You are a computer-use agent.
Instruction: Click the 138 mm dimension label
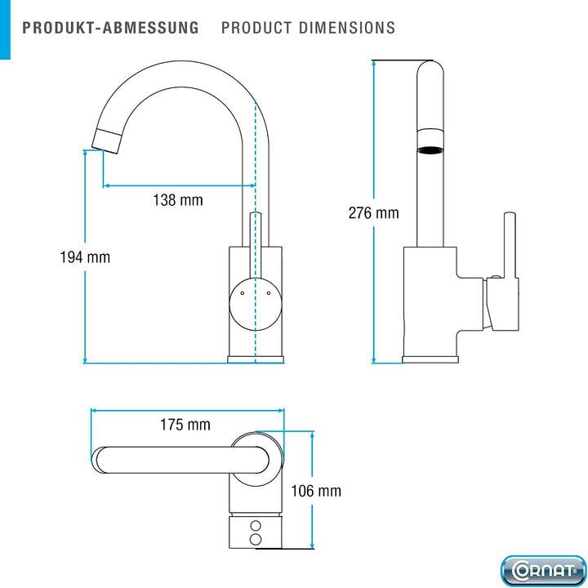coord(178,200)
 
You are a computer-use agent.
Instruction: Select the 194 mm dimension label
coord(85,257)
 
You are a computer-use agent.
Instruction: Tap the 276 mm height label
coord(373,213)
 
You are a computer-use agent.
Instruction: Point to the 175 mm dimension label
coord(185,425)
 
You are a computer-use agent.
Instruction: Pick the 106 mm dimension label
coord(316,491)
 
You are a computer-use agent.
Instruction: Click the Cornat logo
coord(543,571)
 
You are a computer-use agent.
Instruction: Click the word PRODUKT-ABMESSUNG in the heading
coord(110,28)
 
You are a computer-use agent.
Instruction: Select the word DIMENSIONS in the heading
coord(347,28)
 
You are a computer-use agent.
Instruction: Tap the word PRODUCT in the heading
coord(256,28)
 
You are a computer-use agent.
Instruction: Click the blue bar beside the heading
coord(5,29)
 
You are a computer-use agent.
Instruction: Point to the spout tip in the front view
coord(106,141)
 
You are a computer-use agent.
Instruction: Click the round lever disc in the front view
coord(256,304)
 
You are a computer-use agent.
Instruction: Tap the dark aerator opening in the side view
coord(430,150)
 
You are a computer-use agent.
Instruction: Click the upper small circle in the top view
coord(256,525)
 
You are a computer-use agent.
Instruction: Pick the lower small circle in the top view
coord(256,539)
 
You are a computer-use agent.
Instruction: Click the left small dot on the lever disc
coord(242,293)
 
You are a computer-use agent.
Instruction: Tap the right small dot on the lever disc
coord(269,293)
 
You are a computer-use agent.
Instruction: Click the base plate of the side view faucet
coord(430,359)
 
